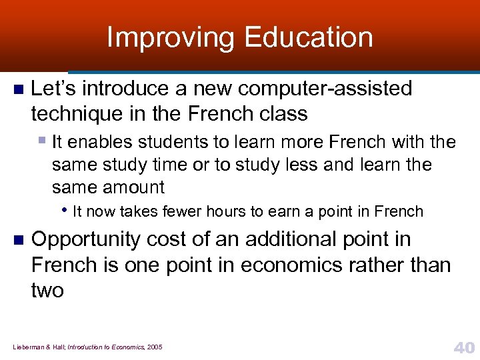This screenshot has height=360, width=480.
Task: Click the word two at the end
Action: point(47,290)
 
